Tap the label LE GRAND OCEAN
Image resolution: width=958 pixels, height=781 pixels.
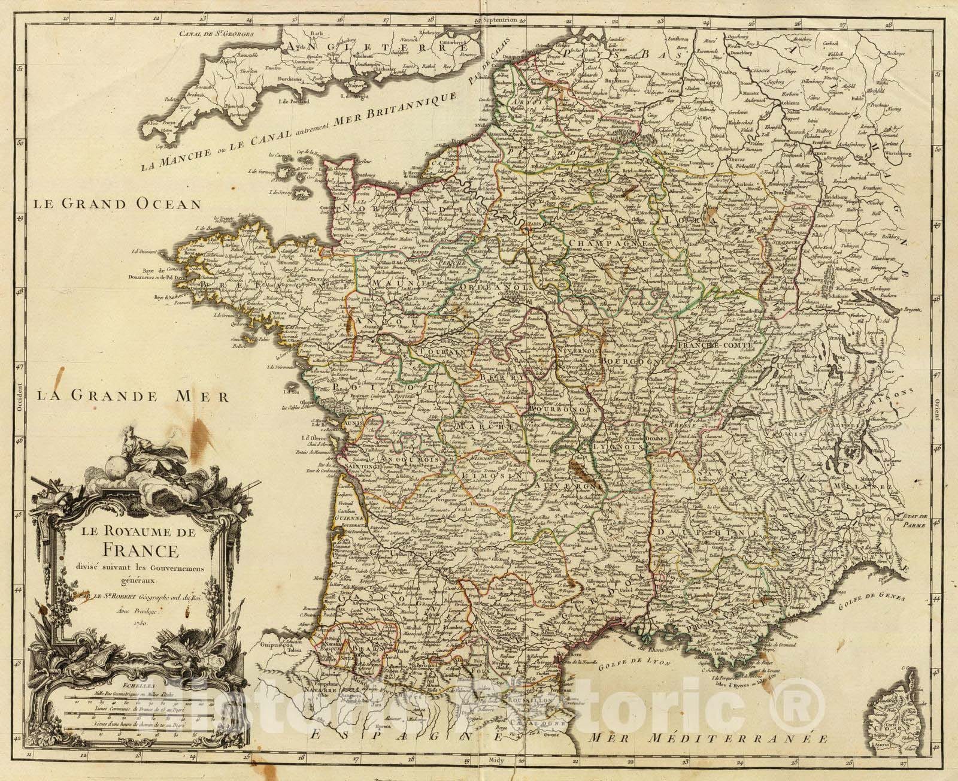[117, 204]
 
